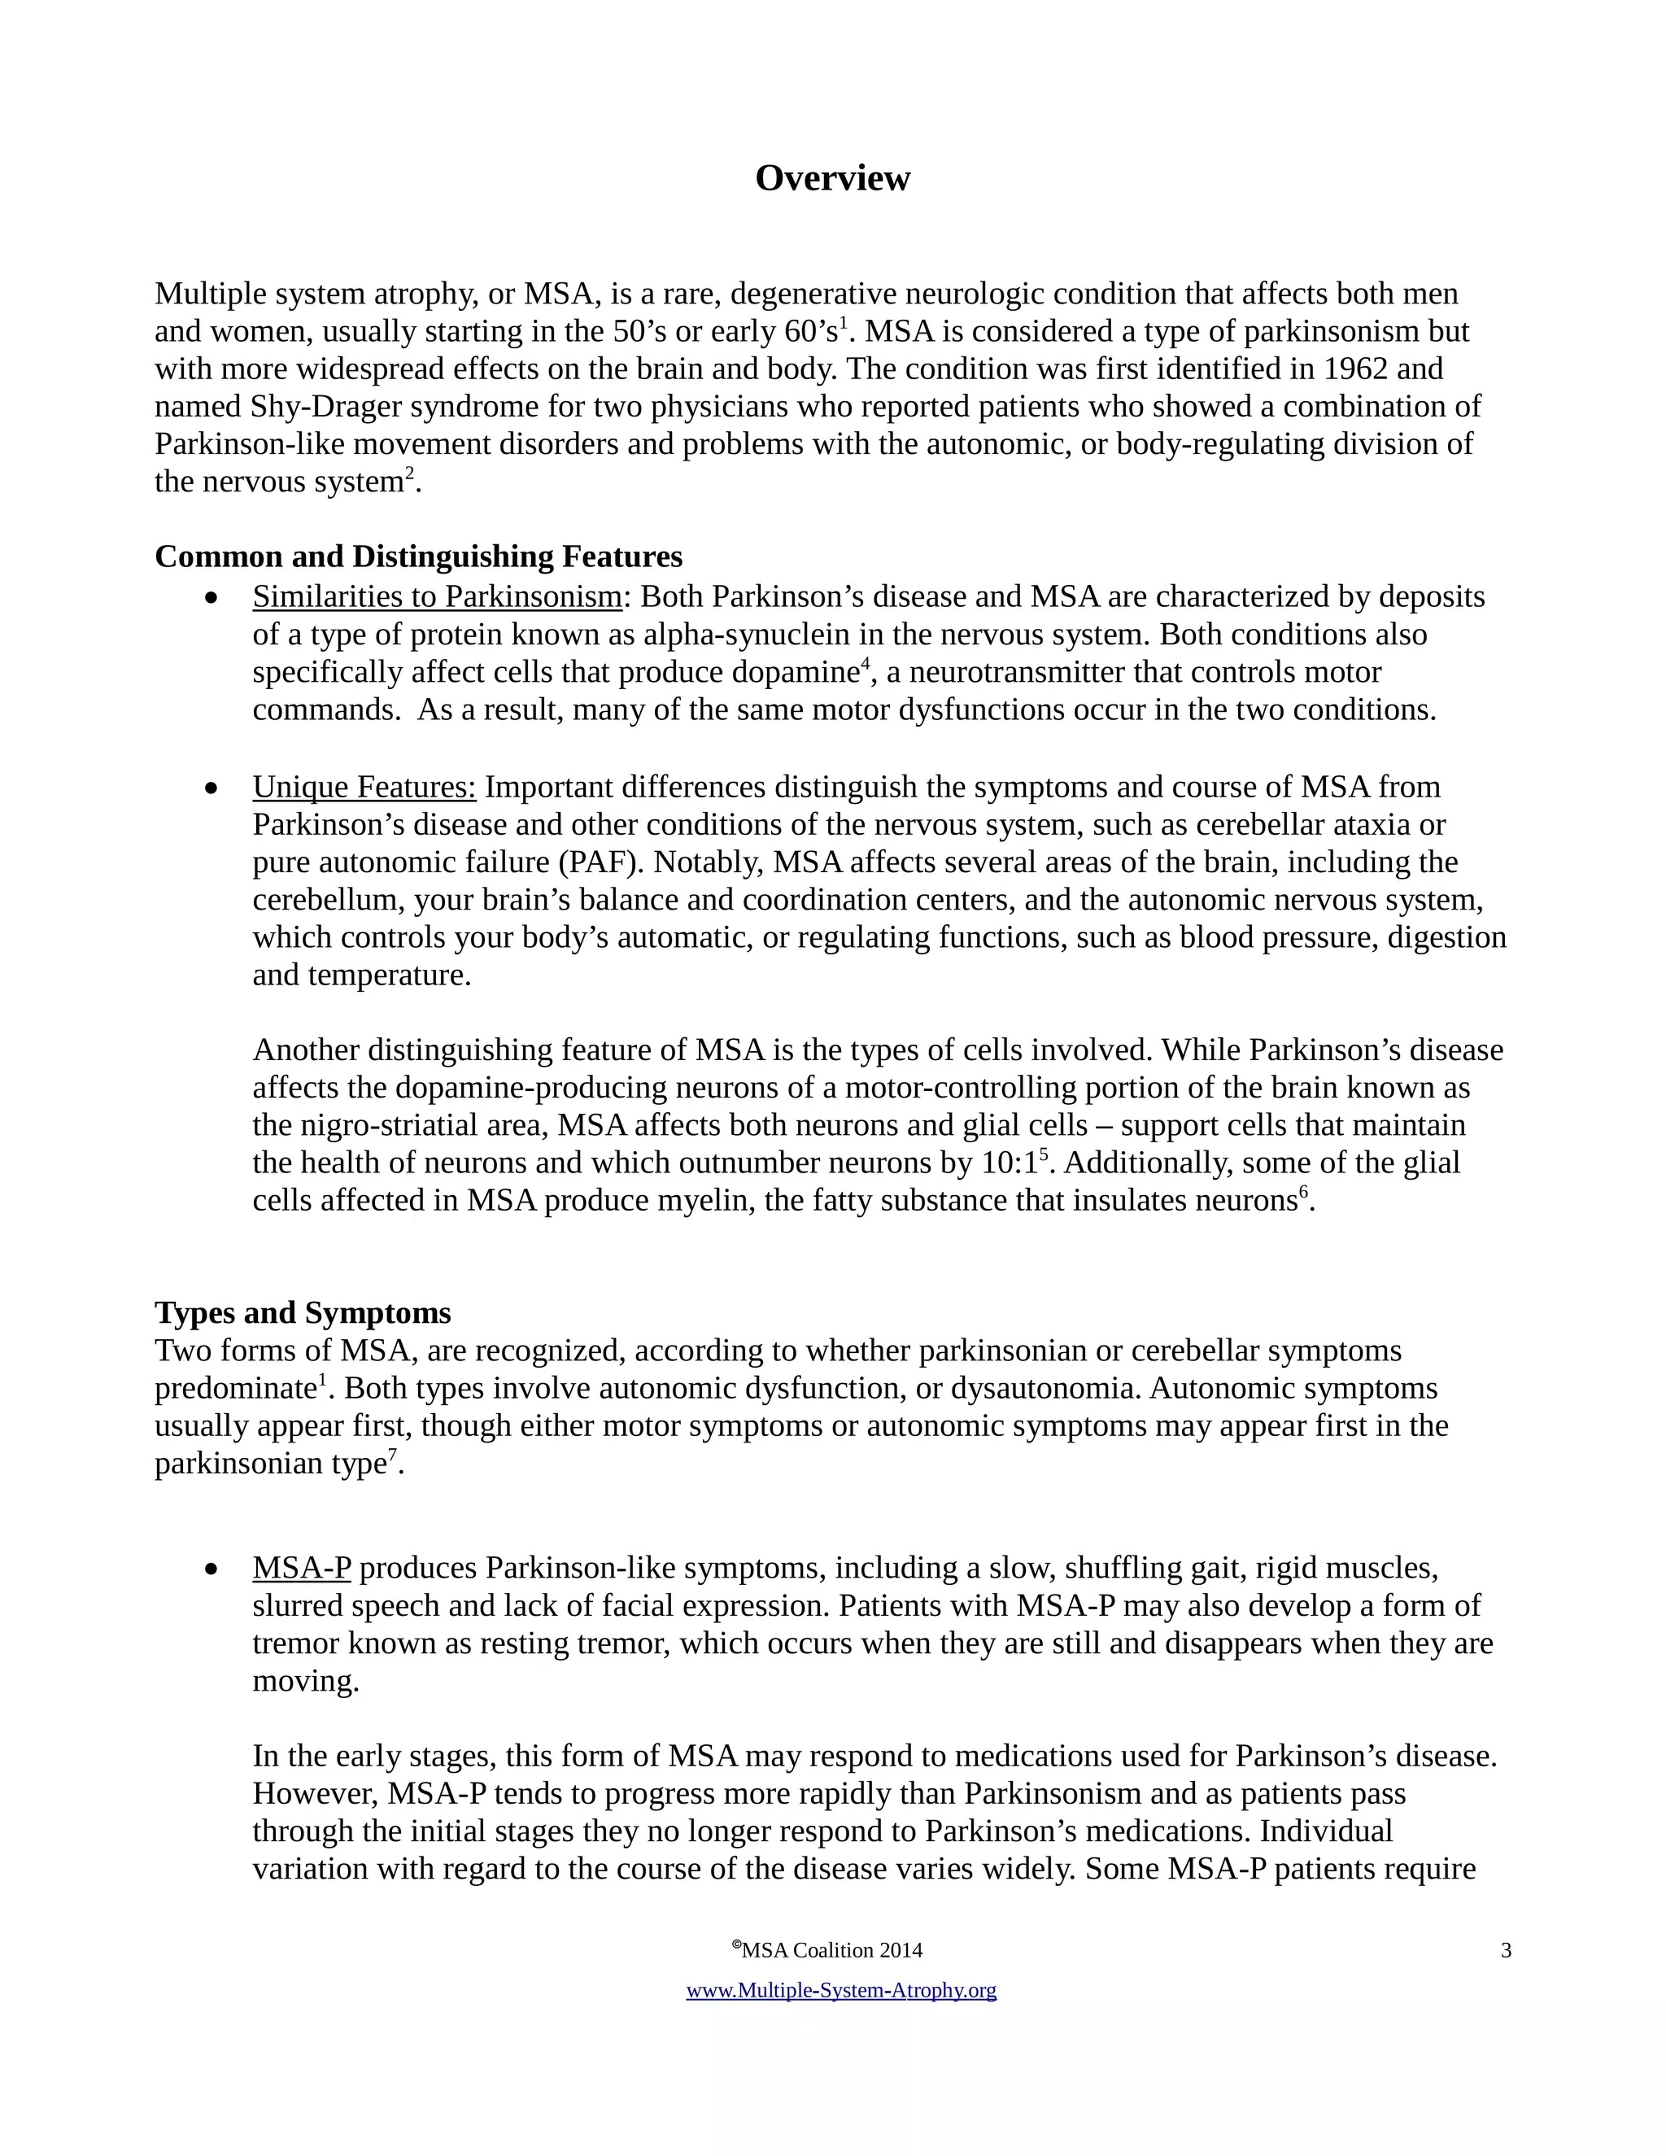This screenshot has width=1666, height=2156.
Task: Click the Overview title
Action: (x=832, y=179)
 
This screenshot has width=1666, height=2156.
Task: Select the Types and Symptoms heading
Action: (x=302, y=1313)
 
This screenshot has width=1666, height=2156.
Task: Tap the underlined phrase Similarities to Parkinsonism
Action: (x=437, y=597)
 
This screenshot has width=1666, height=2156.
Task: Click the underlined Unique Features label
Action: (x=364, y=787)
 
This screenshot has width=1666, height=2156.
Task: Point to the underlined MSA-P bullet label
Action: (x=301, y=1568)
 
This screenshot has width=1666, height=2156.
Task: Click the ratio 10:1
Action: (x=1010, y=1163)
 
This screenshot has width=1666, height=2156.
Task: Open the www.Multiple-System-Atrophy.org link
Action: (x=841, y=1991)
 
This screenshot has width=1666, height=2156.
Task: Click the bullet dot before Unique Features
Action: (x=210, y=788)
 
